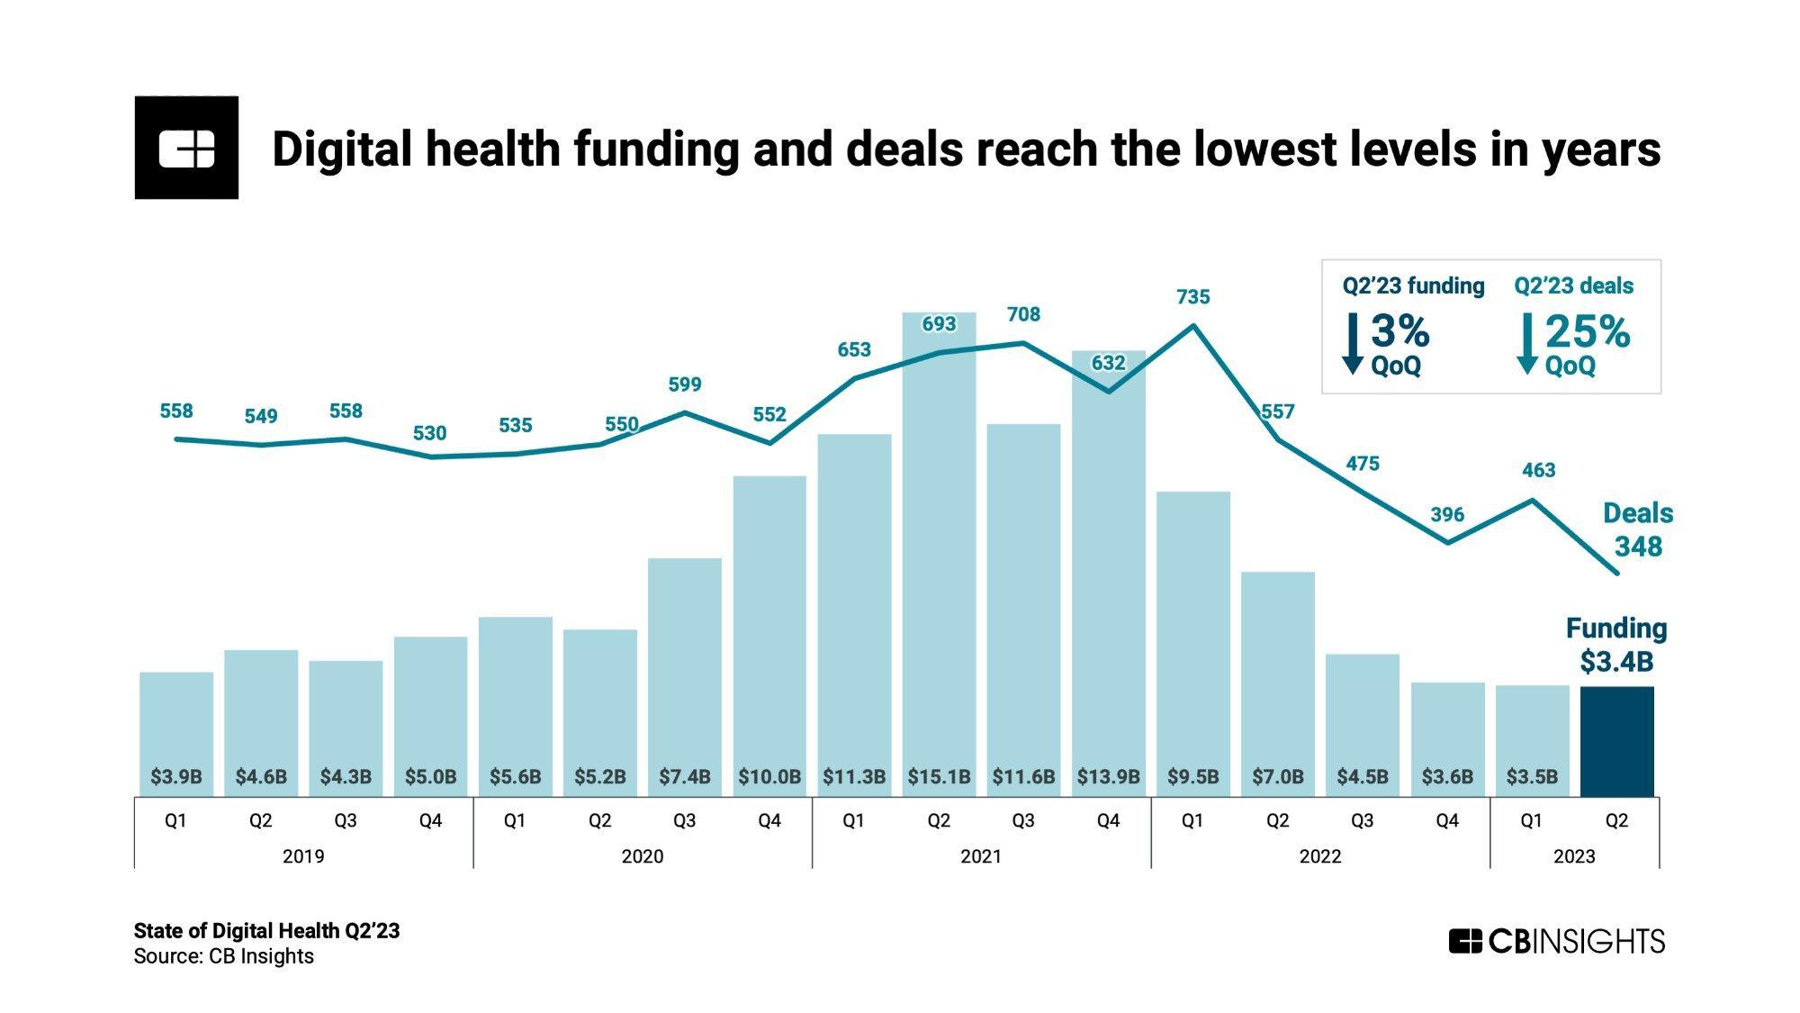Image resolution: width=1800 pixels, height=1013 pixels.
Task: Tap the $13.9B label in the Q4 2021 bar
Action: coord(1108,776)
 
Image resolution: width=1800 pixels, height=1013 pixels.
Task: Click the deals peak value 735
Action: coord(1192,296)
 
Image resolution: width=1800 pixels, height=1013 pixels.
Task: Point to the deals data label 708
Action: coord(1023,314)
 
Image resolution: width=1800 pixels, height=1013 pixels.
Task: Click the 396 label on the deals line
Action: coord(1447,514)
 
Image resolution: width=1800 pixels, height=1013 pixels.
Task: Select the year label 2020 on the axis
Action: coord(642,855)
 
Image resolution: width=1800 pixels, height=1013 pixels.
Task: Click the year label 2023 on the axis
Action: coord(1573,855)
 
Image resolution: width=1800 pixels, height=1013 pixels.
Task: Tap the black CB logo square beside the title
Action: coord(186,148)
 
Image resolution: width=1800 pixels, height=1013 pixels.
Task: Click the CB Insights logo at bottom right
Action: coord(1556,941)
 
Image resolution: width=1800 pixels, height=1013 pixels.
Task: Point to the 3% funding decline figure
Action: coord(1399,331)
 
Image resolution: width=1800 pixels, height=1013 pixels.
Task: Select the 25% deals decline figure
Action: coord(1587,331)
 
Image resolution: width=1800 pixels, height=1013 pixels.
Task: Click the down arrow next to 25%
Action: coord(1526,343)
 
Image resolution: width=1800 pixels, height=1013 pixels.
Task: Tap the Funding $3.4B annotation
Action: coord(1616,645)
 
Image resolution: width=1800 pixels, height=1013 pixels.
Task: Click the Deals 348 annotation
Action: coord(1637,529)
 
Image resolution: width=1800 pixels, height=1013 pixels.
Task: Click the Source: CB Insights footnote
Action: coord(223,956)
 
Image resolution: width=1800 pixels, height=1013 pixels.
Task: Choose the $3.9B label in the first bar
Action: coord(176,776)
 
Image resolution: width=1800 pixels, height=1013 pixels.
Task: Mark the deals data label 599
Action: coord(684,384)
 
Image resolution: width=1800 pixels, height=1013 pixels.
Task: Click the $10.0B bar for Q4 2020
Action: coord(769,630)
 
